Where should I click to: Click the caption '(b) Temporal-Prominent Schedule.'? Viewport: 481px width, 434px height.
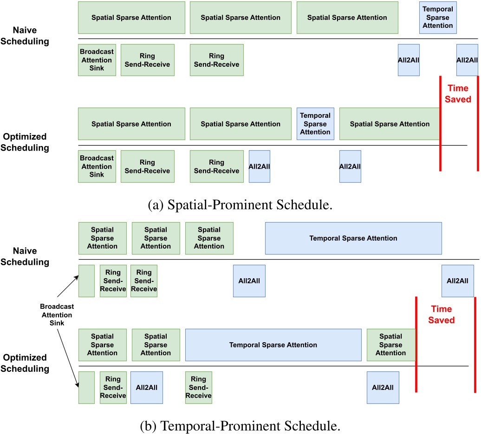click(x=240, y=424)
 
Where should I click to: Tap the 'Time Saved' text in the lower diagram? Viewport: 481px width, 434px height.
click(x=441, y=314)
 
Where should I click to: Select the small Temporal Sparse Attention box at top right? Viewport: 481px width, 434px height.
click(x=438, y=18)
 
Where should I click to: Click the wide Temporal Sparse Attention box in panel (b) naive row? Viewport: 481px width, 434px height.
click(x=353, y=238)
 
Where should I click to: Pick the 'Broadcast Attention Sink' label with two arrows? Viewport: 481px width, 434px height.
click(x=57, y=314)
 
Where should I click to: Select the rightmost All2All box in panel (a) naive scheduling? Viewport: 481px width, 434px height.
click(x=467, y=60)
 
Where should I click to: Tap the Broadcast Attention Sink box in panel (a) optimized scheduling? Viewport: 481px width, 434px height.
click(x=97, y=166)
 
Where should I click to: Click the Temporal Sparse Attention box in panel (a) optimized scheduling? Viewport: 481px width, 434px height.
click(x=315, y=124)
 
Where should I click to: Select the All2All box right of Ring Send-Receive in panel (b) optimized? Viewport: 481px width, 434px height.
click(x=146, y=388)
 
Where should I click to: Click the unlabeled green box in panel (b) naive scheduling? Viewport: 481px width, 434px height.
click(x=86, y=281)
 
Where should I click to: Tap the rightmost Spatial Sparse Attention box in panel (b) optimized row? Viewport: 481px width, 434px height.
click(x=390, y=345)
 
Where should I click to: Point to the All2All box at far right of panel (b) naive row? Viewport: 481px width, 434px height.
click(x=457, y=281)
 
